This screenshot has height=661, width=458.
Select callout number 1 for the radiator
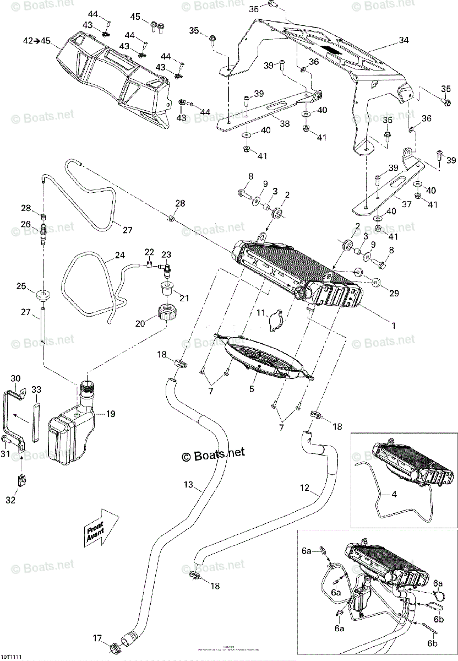pos(393,326)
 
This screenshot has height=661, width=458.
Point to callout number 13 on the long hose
pos(188,485)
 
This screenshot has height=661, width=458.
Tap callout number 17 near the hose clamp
pos(97,639)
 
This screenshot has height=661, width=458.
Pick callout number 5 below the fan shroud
pos(253,389)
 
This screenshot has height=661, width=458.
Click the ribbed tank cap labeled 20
pos(166,316)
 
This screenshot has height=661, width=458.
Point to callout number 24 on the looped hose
pos(119,256)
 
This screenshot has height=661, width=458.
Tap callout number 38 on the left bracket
pos(284,124)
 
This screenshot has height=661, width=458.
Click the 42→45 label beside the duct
pos(37,41)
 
